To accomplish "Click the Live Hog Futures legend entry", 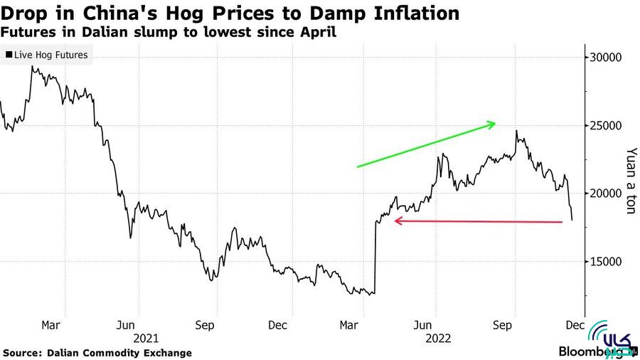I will click(47, 55).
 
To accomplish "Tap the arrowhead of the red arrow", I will click(395, 221).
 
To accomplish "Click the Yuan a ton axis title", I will click(629, 181).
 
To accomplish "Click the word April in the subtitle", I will click(316, 33).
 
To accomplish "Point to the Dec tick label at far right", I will click(575, 326).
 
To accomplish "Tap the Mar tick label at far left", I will click(50, 326).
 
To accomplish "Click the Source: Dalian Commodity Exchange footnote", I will click(97, 353).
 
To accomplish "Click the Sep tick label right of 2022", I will click(503, 326).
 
